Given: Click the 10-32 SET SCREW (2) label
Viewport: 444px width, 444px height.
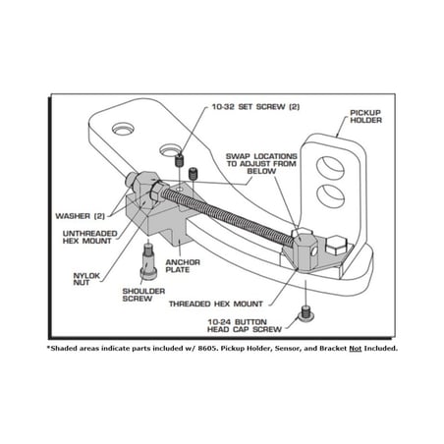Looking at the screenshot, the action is click(255, 107).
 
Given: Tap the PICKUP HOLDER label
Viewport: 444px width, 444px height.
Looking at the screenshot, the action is click(365, 117).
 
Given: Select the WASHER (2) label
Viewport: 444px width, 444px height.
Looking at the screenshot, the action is click(80, 216).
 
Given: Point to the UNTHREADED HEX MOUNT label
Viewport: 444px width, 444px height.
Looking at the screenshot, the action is click(89, 237).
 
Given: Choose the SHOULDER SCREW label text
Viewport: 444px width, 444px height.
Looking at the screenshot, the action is click(143, 295).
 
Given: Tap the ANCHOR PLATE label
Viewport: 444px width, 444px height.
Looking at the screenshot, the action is click(183, 266).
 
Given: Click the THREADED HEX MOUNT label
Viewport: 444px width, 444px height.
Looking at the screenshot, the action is click(216, 304).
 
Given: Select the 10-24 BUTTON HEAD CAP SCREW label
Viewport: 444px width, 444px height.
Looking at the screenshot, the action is click(245, 325).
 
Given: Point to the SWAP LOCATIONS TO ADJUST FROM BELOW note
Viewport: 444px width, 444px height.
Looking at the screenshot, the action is click(261, 164).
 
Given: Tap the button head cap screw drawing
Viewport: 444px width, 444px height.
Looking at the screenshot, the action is click(305, 314).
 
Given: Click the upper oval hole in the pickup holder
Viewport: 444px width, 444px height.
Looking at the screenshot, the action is click(330, 168).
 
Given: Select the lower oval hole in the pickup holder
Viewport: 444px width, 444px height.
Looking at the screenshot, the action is click(330, 195).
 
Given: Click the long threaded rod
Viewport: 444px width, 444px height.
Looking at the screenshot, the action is click(226, 213).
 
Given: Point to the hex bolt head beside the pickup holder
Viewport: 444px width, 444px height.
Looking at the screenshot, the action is click(336, 246).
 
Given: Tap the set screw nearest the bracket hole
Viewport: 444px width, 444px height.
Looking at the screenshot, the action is click(179, 160).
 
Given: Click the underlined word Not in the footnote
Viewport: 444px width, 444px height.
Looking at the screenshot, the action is click(356, 349).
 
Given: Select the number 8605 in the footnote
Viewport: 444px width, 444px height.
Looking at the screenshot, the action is click(208, 349).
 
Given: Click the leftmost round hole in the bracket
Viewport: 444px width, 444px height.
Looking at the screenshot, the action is click(123, 129).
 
